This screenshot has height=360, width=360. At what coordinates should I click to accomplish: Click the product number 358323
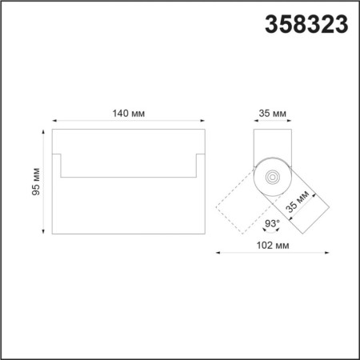(x=306, y=26)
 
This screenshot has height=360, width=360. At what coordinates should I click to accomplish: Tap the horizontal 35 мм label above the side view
(x=273, y=114)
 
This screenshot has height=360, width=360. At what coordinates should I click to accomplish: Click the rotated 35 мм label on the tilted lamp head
(x=299, y=202)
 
